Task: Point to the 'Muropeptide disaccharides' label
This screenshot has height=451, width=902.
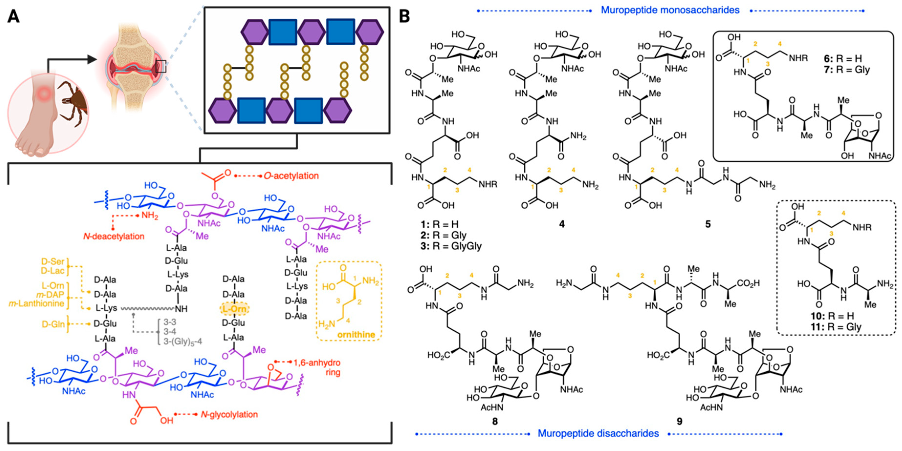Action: pos(598,433)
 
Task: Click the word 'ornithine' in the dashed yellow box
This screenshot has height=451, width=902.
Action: pos(356,335)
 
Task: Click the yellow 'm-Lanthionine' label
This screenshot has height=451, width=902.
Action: pos(36,303)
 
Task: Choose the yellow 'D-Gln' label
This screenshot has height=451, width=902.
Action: pos(53,324)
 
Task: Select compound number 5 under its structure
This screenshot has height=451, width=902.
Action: pos(708,224)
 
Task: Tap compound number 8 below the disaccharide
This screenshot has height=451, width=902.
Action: pos(495,421)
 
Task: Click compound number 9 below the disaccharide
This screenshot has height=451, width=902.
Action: pos(679,421)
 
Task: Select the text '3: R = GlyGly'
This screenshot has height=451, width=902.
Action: pos(451,246)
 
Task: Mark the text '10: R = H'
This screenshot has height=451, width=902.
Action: pos(831,316)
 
